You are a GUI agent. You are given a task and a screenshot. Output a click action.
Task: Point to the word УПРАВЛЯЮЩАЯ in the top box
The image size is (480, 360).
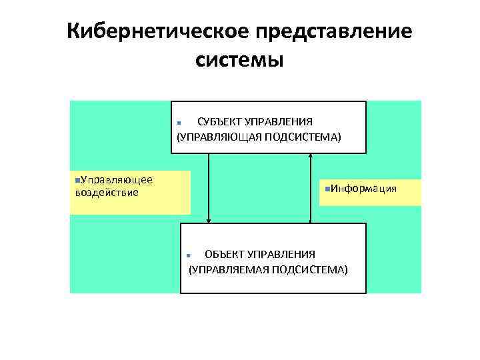tap(218, 137)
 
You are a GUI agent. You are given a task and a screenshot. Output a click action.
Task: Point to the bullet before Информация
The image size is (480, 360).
tap(321, 189)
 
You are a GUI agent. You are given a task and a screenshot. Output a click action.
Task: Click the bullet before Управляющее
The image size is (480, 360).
tap(77, 180)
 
